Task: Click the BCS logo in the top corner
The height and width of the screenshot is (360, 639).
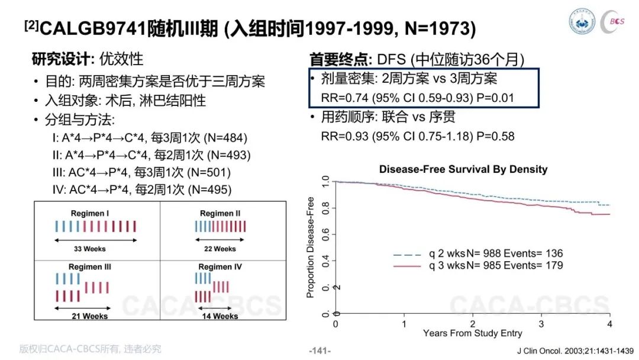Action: [x=614, y=21]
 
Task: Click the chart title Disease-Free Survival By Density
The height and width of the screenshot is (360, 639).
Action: [x=463, y=169]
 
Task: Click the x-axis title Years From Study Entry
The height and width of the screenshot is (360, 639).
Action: [x=473, y=333]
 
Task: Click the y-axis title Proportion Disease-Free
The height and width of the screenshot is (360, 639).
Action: [x=311, y=247]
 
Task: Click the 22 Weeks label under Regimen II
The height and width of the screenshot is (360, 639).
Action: [x=220, y=249]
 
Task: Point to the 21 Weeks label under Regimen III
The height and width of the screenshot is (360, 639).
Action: [x=90, y=316]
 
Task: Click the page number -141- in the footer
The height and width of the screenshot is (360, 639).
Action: [x=320, y=351]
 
